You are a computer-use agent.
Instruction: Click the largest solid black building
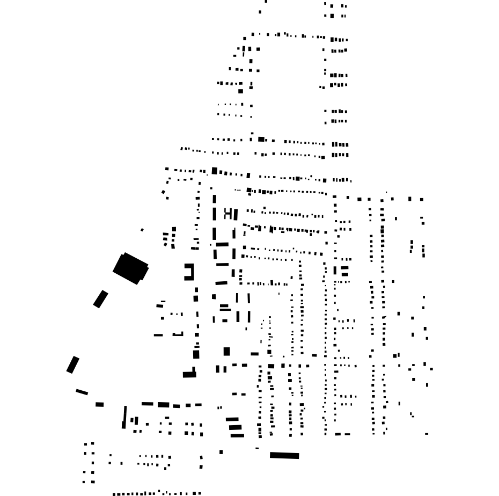coord(130,268)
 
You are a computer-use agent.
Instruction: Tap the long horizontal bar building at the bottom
coord(284,456)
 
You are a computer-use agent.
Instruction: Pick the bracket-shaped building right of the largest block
coord(189,272)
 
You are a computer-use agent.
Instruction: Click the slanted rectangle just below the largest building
coord(100,299)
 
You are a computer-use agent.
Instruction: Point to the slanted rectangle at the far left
coord(72,364)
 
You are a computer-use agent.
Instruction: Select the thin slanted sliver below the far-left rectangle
coord(82,392)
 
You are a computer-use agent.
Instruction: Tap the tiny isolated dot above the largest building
coord(142,230)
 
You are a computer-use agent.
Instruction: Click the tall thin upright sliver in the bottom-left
coord(124,417)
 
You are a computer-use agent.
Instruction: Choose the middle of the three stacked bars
coord(236,427)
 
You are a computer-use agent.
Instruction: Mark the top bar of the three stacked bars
coord(232,419)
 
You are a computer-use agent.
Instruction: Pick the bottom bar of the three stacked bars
coord(237,435)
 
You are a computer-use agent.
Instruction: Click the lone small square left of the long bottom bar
coord(221,452)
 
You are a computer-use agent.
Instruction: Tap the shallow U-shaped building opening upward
coord(178,334)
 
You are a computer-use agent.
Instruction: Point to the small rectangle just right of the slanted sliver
coord(99,404)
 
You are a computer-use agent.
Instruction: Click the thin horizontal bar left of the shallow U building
coord(158,335)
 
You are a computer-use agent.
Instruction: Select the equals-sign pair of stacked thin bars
coord(225,308)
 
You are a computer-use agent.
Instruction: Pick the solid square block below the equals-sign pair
coord(226,352)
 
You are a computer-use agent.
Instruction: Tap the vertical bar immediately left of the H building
coord(215,214)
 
